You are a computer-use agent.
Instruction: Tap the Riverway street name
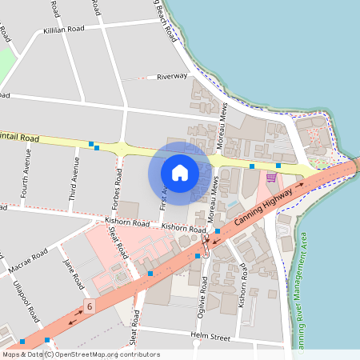[172, 77]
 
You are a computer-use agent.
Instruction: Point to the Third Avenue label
[74, 178]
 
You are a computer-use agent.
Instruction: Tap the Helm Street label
[210, 336]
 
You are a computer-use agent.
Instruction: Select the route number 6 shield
[90, 306]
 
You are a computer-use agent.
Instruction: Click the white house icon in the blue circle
[180, 172]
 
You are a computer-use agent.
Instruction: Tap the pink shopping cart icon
[271, 177]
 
